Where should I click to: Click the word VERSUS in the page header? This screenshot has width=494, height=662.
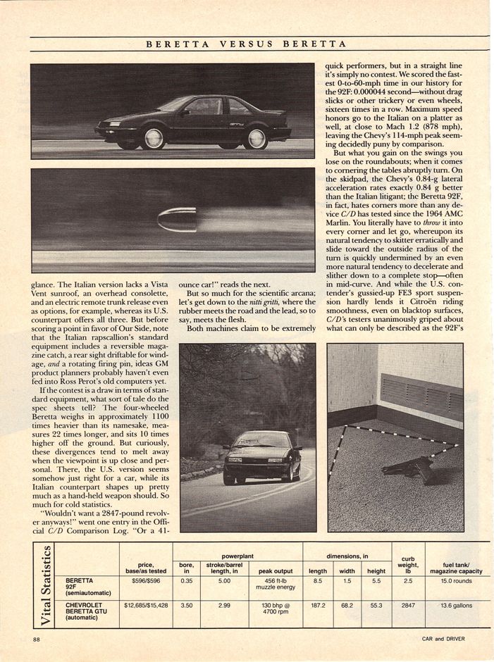click(x=246, y=44)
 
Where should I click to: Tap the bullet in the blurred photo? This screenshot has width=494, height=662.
click(x=177, y=219)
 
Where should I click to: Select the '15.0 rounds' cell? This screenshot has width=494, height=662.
click(x=456, y=581)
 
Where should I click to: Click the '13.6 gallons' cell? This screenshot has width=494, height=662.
click(x=456, y=605)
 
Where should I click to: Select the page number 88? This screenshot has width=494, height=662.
click(x=36, y=639)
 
